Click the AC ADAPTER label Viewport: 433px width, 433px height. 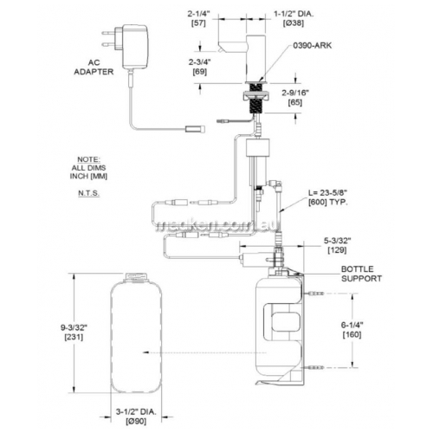click(x=94, y=68)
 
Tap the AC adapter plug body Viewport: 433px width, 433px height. click(x=135, y=47)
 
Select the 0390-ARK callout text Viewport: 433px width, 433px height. click(x=313, y=46)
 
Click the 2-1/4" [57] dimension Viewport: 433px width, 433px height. click(x=199, y=19)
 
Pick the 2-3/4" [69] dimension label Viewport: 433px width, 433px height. click(x=200, y=67)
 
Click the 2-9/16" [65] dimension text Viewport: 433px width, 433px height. click(x=295, y=98)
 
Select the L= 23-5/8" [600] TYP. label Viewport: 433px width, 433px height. click(x=328, y=197)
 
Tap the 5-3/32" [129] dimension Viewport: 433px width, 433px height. click(x=337, y=245)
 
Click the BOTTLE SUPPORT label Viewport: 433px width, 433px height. click(x=361, y=274)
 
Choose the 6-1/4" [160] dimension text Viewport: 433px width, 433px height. click(x=352, y=330)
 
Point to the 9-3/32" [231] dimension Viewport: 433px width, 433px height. click(x=74, y=333)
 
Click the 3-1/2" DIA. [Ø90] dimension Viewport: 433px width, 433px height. click(x=136, y=417)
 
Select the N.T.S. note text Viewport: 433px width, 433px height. click(x=88, y=193)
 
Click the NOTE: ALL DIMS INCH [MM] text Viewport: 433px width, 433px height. click(x=88, y=168)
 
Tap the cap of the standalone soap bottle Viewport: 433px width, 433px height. click(x=136, y=277)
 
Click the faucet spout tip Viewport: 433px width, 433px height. click(x=221, y=50)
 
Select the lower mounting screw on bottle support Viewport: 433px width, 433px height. click(x=313, y=367)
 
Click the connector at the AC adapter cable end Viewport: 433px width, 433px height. click(x=196, y=129)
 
